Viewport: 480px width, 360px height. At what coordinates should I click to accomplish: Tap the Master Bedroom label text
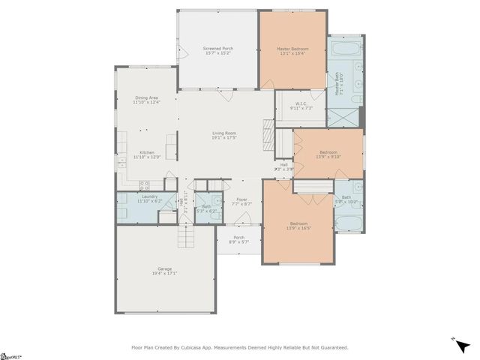292,49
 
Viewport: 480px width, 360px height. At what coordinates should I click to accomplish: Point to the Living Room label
224,133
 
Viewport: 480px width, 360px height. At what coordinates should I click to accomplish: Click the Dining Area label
146,97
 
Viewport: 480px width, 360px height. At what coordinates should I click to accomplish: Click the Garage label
164,268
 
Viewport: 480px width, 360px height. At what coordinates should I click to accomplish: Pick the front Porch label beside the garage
238,238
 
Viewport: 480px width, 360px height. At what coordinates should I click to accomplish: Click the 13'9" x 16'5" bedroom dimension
299,229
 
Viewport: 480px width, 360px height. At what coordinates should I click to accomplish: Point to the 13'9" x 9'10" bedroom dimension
329,156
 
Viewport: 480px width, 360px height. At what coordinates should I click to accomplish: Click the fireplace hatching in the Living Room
268,136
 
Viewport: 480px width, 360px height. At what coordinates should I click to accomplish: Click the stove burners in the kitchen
144,184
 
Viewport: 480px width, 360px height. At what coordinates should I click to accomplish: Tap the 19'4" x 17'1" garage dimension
166,274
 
